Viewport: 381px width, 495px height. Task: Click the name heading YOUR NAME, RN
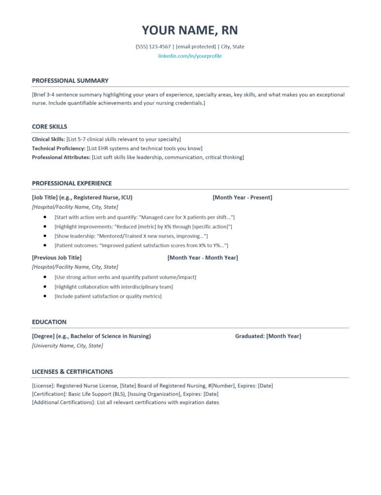pos(190,30)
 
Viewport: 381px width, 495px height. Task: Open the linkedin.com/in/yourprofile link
pos(190,56)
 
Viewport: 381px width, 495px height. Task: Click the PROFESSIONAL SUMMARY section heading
pos(70,81)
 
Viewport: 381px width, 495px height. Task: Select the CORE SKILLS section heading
pos(49,127)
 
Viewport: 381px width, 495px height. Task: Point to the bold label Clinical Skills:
pos(48,139)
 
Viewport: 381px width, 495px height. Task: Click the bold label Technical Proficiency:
pos(59,148)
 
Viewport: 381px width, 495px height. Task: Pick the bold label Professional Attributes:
pos(61,157)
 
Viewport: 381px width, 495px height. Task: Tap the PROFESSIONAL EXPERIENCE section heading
pos(72,183)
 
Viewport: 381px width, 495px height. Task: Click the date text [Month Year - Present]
pos(242,197)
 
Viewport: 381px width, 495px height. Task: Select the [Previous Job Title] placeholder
pos(57,258)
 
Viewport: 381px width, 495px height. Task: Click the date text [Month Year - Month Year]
pos(203,258)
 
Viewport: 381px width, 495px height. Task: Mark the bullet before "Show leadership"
pos(45,236)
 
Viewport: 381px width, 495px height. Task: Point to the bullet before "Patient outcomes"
pos(45,246)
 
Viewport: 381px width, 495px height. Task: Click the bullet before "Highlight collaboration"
pos(45,287)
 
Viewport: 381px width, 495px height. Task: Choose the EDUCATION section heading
pos(49,322)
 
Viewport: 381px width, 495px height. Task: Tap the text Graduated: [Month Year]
pos(268,336)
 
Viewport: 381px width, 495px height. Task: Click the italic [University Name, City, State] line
pos(67,346)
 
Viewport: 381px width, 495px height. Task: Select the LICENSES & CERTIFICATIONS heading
pos(72,372)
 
